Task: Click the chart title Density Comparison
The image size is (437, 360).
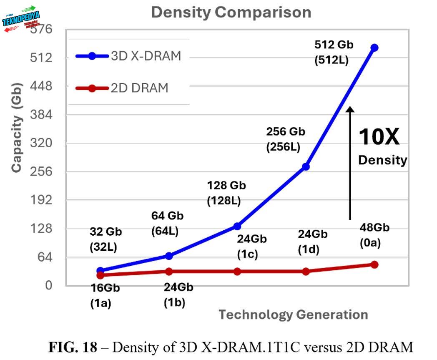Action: (x=231, y=12)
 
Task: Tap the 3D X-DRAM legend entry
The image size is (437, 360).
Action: (x=128, y=56)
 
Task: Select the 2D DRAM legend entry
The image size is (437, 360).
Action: (x=122, y=88)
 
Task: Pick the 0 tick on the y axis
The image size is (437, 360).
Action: (x=49, y=285)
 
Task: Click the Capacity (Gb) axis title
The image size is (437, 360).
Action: (x=17, y=144)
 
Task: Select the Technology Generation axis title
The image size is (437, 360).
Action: (x=293, y=315)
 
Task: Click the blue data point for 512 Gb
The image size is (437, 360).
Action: (x=374, y=48)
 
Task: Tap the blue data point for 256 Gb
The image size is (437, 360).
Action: (x=306, y=166)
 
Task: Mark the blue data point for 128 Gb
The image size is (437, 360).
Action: (x=237, y=226)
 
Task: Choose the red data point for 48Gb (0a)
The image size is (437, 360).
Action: (x=374, y=264)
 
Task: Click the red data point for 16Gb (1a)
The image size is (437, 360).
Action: (x=100, y=275)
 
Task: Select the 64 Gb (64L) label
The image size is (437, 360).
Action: (x=167, y=223)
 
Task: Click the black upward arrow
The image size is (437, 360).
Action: (x=350, y=163)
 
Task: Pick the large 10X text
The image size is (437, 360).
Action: (x=379, y=137)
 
